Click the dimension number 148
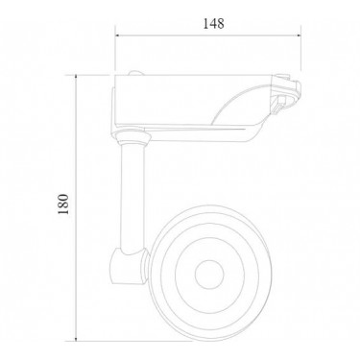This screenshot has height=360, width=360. point(214,24)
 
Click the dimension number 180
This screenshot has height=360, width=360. point(63,204)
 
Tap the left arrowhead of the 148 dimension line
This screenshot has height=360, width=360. point(117,36)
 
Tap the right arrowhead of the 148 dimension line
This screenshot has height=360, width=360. point(299,36)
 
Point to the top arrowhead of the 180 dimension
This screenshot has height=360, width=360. point(76,78)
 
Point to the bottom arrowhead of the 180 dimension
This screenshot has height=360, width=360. point(76,338)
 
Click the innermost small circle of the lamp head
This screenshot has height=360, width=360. point(209,275)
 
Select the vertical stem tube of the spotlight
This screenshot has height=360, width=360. point(132,197)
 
